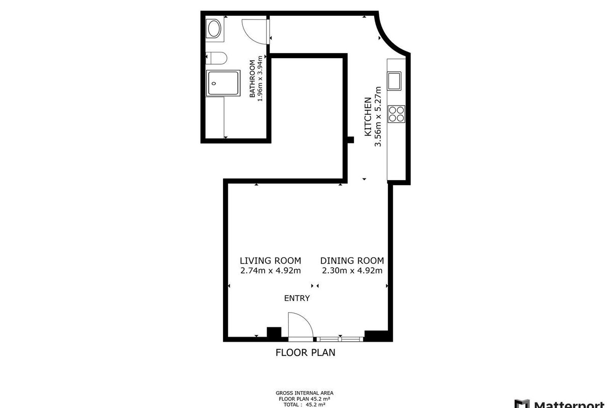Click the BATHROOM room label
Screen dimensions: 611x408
point(253,79)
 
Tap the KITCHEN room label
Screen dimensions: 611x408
point(368,117)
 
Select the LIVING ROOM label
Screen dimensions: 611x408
point(270,261)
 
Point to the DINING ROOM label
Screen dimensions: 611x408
point(352,261)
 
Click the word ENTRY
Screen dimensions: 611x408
point(297,298)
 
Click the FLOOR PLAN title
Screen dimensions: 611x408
point(305,353)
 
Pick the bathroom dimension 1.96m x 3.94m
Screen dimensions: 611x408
point(260,79)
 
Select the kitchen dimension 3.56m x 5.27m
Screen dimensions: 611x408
point(378,117)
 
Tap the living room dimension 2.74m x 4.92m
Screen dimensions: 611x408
point(270,270)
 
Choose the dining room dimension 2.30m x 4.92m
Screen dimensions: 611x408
point(352,270)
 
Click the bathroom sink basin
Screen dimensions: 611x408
point(214,29)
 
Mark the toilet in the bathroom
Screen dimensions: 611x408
point(216,58)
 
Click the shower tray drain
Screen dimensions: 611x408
point(214,83)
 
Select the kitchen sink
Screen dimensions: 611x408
point(394,81)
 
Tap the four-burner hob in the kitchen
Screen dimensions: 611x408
point(396,114)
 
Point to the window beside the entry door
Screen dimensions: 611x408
point(340,339)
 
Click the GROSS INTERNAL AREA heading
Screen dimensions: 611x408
point(304,393)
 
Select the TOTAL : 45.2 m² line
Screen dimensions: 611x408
point(304,405)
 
